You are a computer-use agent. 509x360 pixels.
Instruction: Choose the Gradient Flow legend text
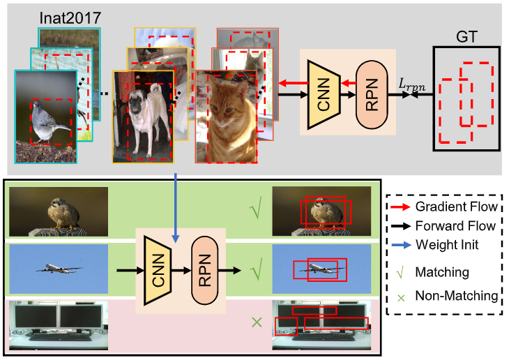456,207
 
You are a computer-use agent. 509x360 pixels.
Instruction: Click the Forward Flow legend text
455,226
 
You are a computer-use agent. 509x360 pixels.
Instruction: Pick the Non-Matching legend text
456,295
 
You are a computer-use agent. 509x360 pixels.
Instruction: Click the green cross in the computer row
257,323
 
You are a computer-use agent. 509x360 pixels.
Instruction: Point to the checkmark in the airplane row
257,266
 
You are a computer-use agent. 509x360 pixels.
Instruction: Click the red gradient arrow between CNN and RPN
348,84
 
